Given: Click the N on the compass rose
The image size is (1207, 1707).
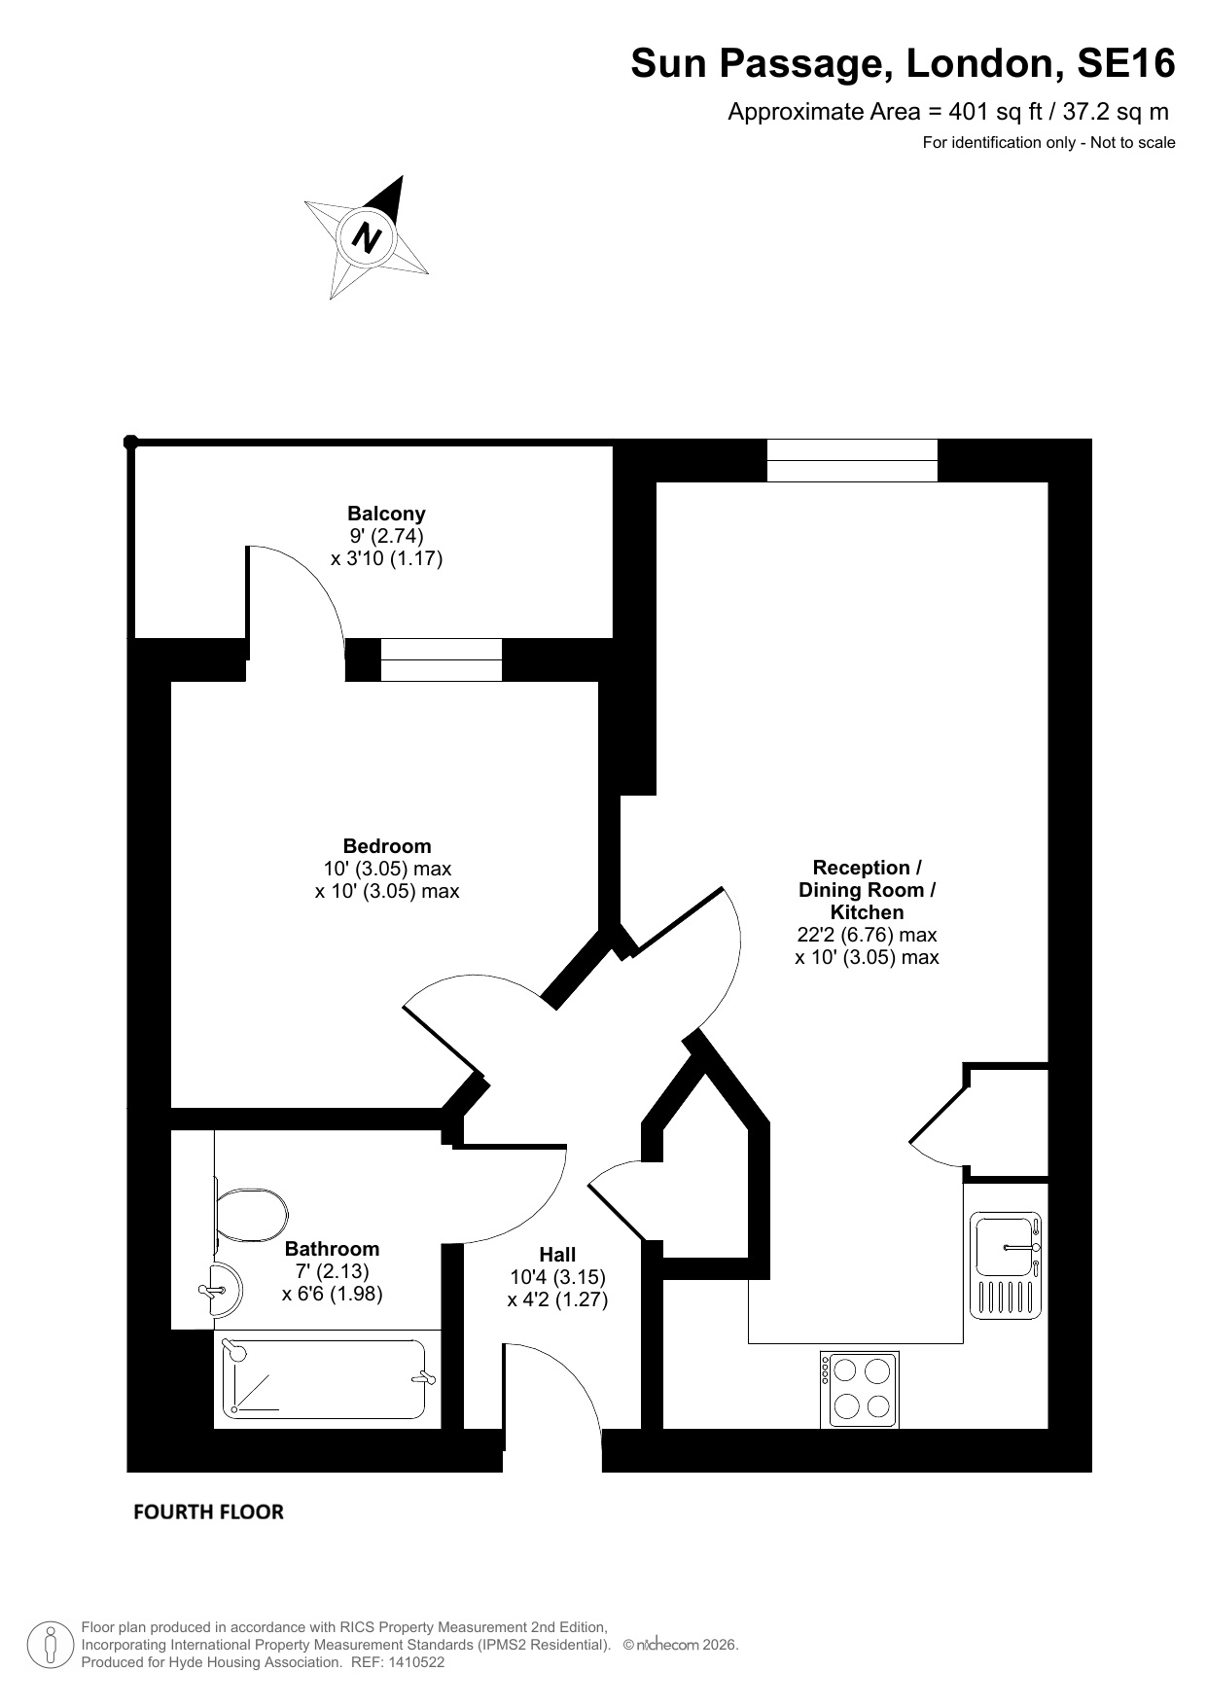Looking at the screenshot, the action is pos(367,236).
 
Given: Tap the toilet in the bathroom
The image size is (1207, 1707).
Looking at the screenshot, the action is pos(250,1215).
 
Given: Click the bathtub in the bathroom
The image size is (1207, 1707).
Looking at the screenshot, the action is pos(328,1378).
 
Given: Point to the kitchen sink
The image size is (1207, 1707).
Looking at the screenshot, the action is pos(1006,1265).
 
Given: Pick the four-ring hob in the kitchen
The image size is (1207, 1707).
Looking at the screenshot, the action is pos(860,1389).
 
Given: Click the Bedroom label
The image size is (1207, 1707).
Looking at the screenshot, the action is pos(387,846).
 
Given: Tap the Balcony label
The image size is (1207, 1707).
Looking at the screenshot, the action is pos(386,514).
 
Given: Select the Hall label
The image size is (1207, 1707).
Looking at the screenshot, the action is pos(557,1255).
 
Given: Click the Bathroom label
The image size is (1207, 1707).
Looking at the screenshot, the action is pos(332,1249).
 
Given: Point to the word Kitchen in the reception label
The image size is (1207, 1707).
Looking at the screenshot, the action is pos(867,912).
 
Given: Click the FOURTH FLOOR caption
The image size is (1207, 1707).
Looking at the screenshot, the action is pos(208,1511).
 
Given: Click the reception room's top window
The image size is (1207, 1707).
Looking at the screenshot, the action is pos(852,460).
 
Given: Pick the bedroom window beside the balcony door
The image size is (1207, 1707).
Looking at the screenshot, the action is pos(441,659).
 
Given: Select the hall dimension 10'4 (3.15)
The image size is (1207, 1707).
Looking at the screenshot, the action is pos(557,1277).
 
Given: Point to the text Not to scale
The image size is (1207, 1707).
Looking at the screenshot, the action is pos(1132,143).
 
